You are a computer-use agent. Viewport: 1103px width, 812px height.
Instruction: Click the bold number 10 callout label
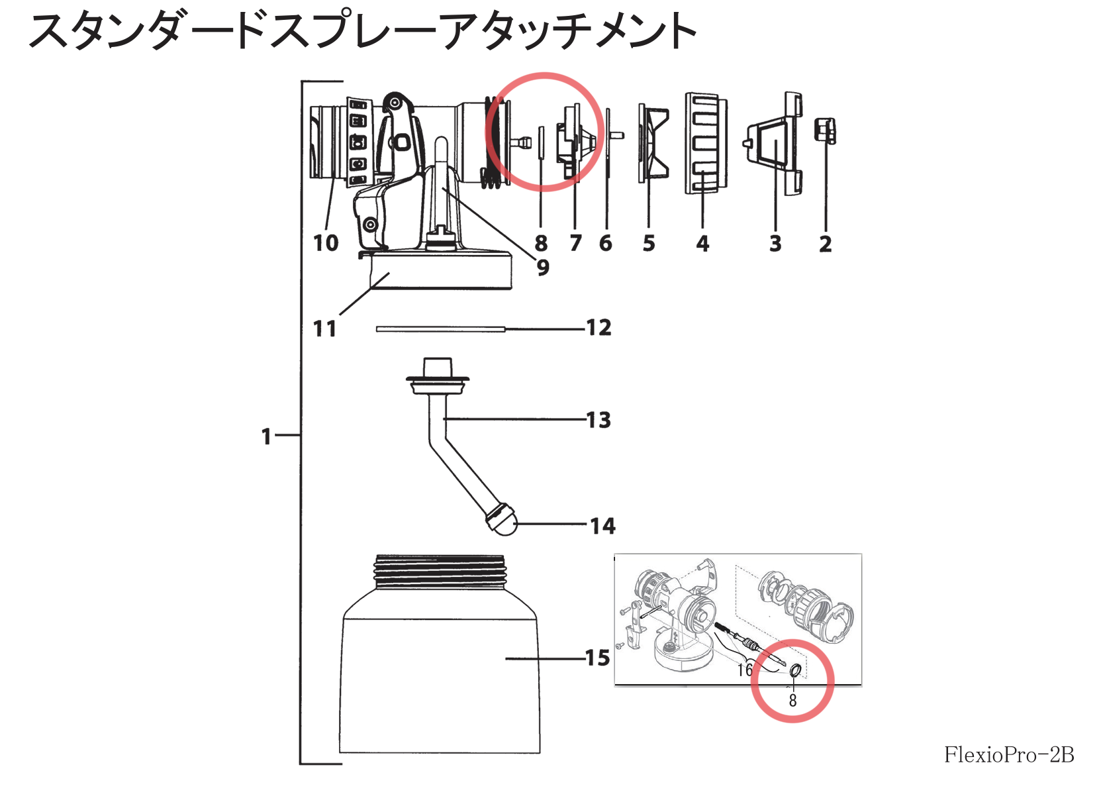tap(326, 243)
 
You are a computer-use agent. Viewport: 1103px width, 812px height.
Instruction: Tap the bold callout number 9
tap(543, 268)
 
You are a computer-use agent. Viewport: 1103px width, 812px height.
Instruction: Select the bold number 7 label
tap(575, 243)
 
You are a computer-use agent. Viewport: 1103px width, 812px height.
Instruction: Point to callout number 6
tap(606, 243)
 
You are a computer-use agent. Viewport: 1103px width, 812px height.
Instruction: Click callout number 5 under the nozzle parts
tap(649, 243)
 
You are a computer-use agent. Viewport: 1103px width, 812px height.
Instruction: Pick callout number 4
tap(702, 243)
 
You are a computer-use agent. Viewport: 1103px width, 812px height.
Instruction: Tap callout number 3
tap(775, 244)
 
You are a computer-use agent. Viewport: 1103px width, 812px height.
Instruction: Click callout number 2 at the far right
tap(825, 244)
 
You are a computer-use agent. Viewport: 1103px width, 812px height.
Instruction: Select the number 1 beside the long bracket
tap(266, 436)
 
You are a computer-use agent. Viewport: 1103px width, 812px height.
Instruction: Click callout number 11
tap(324, 329)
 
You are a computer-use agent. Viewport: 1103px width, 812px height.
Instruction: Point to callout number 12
tap(599, 327)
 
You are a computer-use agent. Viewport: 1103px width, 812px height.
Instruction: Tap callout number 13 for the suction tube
tap(599, 420)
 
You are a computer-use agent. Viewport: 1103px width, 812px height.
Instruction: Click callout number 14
tap(603, 526)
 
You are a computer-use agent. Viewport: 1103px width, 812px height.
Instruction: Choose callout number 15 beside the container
tap(597, 658)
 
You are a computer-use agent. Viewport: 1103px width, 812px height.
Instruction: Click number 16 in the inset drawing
tap(745, 670)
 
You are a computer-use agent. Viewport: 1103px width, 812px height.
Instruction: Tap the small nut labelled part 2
tap(824, 130)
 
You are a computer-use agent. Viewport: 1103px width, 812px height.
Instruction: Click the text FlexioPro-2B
tap(1008, 754)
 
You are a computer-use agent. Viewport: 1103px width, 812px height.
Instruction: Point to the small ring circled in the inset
tap(796, 671)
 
